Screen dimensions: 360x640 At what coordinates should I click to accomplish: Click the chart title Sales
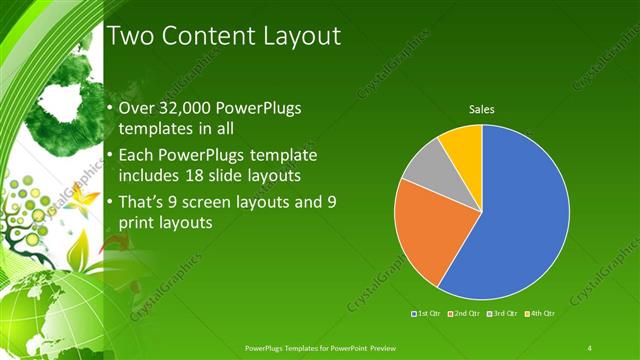[x=482, y=110]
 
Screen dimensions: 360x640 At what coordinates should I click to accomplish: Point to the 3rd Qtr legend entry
[x=502, y=314]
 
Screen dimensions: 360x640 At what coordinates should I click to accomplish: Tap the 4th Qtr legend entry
[x=541, y=314]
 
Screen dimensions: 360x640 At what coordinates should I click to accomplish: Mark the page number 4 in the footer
[x=590, y=347]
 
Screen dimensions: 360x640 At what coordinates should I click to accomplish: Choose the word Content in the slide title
[x=207, y=37]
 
